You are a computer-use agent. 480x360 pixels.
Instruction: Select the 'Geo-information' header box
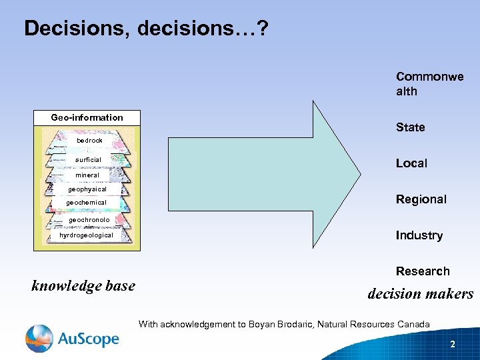pyautogui.click(x=87, y=118)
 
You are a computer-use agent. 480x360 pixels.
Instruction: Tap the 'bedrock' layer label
pyautogui.click(x=89, y=141)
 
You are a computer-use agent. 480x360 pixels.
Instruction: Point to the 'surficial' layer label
pyautogui.click(x=88, y=160)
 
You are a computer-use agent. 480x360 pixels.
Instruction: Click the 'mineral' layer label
pyautogui.click(x=87, y=175)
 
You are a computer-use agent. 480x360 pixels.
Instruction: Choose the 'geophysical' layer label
pyautogui.click(x=87, y=189)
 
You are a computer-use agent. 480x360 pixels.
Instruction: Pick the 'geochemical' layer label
pyautogui.click(x=86, y=203)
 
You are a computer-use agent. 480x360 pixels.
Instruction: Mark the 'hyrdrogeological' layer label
pyautogui.click(x=86, y=235)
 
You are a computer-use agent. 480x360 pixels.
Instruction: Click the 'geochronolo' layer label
pyautogui.click(x=89, y=220)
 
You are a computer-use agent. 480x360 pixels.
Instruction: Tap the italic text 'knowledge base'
pyautogui.click(x=83, y=286)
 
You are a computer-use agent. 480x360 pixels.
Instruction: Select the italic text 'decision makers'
pyautogui.click(x=420, y=294)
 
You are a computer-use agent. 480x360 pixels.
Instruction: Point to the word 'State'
pyautogui.click(x=410, y=127)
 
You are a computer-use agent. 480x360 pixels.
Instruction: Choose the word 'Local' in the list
pyautogui.click(x=411, y=163)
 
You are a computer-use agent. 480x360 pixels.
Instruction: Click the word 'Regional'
pyautogui.click(x=421, y=199)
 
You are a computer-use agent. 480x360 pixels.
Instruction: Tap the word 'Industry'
pyautogui.click(x=419, y=235)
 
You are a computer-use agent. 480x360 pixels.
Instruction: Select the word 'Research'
pyautogui.click(x=423, y=271)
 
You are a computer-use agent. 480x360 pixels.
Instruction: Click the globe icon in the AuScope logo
pyautogui.click(x=39, y=338)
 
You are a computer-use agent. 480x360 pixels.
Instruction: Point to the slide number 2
pyautogui.click(x=453, y=345)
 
